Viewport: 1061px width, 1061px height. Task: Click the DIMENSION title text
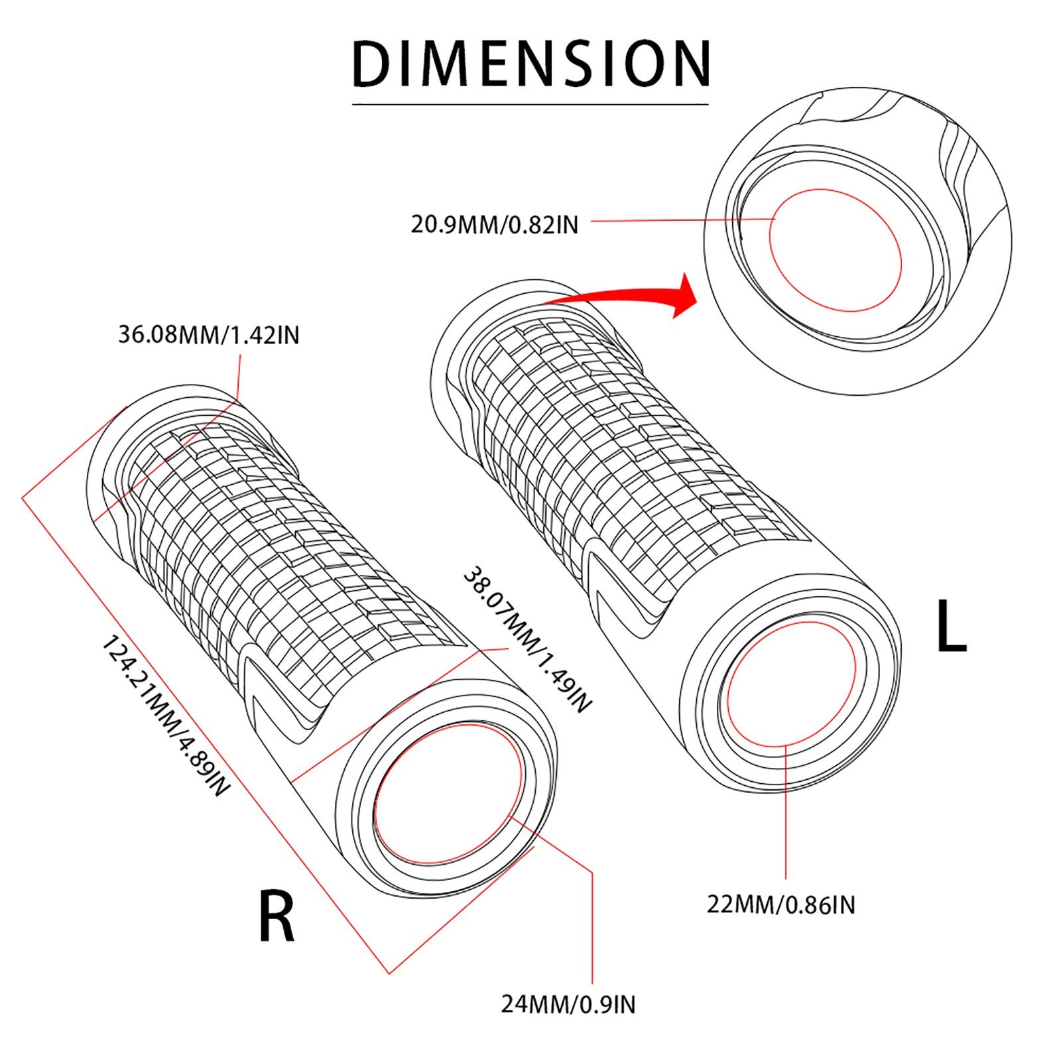530,64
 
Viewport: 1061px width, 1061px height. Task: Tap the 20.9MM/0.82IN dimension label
494,225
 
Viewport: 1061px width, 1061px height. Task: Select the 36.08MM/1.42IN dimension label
209,335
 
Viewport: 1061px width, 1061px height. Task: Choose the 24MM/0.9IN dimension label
568,1005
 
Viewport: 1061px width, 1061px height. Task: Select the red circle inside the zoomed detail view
836,250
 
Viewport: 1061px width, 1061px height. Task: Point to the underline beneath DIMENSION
530,104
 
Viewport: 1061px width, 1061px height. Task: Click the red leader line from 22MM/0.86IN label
786,812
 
